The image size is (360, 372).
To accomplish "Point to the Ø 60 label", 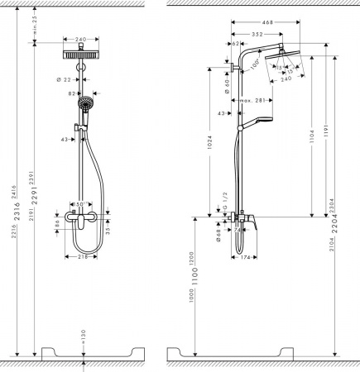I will tap(228, 82).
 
